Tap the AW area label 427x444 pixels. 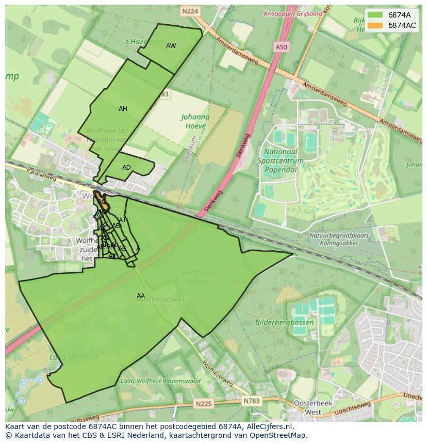coord(171,46)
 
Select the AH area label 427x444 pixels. coord(123,109)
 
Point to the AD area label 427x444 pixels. coord(126,168)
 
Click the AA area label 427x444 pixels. coord(140,296)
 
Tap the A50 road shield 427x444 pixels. coord(281,47)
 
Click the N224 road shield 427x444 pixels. coord(190,10)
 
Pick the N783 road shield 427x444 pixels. coord(251,400)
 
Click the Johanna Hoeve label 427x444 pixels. coord(195,121)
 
